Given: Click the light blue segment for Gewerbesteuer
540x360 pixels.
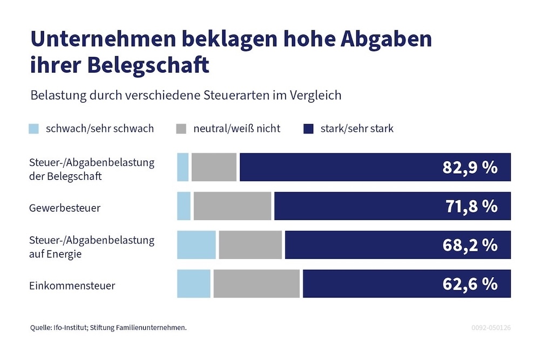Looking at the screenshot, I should (184, 206).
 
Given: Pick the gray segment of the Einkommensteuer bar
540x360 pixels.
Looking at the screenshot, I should (256, 284).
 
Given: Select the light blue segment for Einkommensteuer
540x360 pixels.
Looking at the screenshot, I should (193, 284).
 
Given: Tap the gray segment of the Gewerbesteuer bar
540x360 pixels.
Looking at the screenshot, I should (232, 206).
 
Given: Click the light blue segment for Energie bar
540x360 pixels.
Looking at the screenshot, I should (197, 245).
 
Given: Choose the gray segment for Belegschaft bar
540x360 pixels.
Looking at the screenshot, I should (214, 167).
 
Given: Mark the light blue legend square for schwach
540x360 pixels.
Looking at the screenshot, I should (34, 128).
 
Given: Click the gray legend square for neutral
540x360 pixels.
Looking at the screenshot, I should (181, 128).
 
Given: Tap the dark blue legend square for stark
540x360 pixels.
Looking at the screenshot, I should (308, 128).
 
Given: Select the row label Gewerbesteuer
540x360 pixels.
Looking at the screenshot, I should (65, 208).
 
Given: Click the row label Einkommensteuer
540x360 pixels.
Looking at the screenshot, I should (72, 286).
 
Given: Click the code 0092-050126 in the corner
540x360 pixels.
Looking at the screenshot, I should (490, 328).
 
